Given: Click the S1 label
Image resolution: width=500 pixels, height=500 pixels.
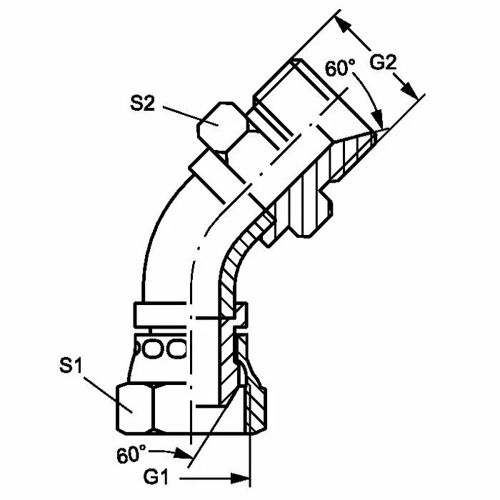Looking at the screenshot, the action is [71, 365].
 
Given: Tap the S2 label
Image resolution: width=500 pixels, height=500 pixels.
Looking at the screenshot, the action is [142, 103].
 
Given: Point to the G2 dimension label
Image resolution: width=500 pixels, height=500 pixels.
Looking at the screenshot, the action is [383, 62].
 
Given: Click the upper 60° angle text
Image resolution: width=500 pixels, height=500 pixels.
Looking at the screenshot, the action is [340, 68].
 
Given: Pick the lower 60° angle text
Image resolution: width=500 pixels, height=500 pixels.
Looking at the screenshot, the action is [131, 454].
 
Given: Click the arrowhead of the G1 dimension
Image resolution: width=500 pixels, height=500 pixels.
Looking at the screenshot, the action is [240, 478].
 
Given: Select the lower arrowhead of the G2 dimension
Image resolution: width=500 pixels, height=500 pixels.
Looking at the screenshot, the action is [409, 91].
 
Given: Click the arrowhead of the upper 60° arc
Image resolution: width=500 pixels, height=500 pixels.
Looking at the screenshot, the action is [379, 119].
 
